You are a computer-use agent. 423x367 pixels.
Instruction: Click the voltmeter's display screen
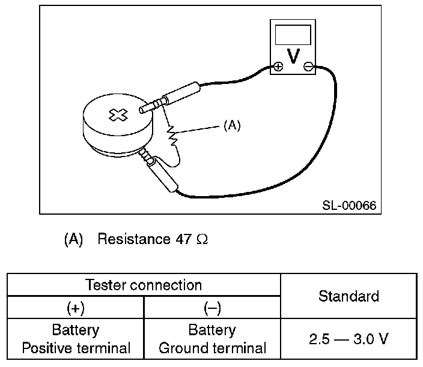coord(293,35)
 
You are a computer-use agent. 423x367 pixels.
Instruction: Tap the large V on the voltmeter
coord(293,56)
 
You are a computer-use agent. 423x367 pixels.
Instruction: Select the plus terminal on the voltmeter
coord(278,67)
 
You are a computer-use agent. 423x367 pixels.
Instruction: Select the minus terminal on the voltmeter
coord(308,67)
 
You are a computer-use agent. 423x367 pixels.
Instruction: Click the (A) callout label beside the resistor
coord(231,127)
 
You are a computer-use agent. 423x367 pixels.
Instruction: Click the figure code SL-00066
coord(348,206)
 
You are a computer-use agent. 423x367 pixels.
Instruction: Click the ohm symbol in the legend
coord(202,240)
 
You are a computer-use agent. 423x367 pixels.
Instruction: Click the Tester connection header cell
coord(144,284)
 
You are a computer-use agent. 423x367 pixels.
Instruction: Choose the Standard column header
coord(348,296)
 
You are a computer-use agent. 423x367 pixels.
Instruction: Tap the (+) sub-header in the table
coord(75,308)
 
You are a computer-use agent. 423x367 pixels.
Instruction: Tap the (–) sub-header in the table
coord(212,308)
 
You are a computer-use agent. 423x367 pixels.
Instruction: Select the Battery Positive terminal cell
coord(75,339)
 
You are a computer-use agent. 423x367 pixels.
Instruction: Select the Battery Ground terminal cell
coord(212,339)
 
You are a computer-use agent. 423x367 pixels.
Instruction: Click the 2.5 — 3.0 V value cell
coord(348,339)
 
